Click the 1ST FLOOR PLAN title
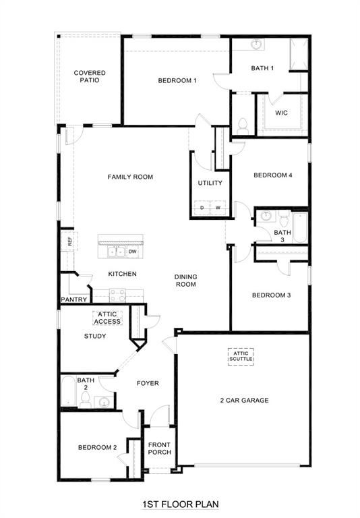180,504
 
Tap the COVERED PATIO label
90,76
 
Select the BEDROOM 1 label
177,81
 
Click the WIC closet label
281,113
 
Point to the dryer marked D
202,208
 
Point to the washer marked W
218,208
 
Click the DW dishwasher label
133,252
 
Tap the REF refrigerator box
69,239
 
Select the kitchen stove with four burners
117,294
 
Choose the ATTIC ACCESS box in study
107,318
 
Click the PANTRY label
73,299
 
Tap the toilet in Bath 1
243,125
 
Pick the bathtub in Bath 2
68,391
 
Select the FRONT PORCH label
160,448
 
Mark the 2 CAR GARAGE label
244,401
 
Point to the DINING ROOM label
185,281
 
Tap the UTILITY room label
210,183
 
